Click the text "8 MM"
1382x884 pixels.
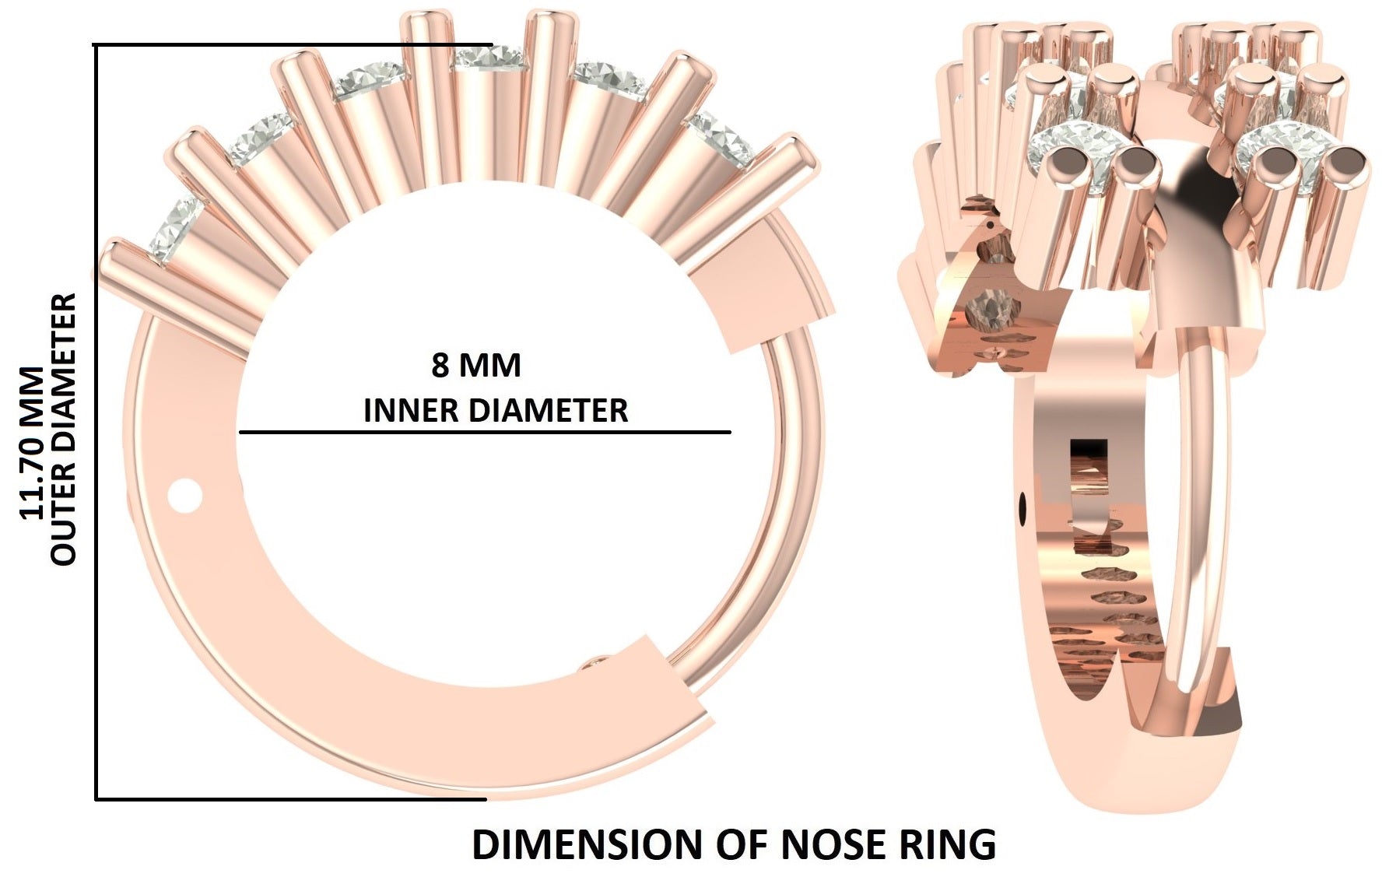(475, 366)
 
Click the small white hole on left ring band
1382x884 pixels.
(185, 496)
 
